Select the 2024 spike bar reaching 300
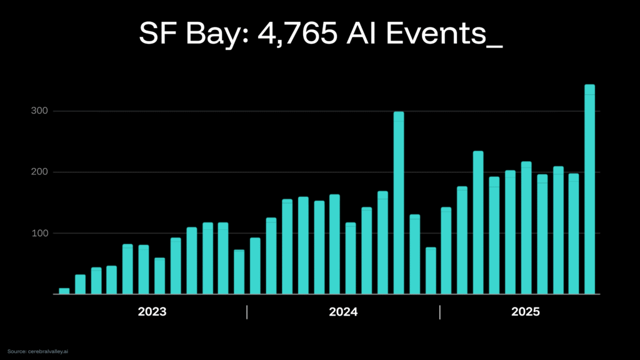(x=399, y=203)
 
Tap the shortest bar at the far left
(x=64, y=291)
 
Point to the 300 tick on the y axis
(x=41, y=111)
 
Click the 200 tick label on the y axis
(x=41, y=172)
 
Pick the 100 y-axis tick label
(x=41, y=233)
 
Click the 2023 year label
(x=151, y=312)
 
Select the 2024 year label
(x=343, y=312)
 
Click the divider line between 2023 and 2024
(x=247, y=312)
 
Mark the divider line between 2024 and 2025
(x=440, y=312)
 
